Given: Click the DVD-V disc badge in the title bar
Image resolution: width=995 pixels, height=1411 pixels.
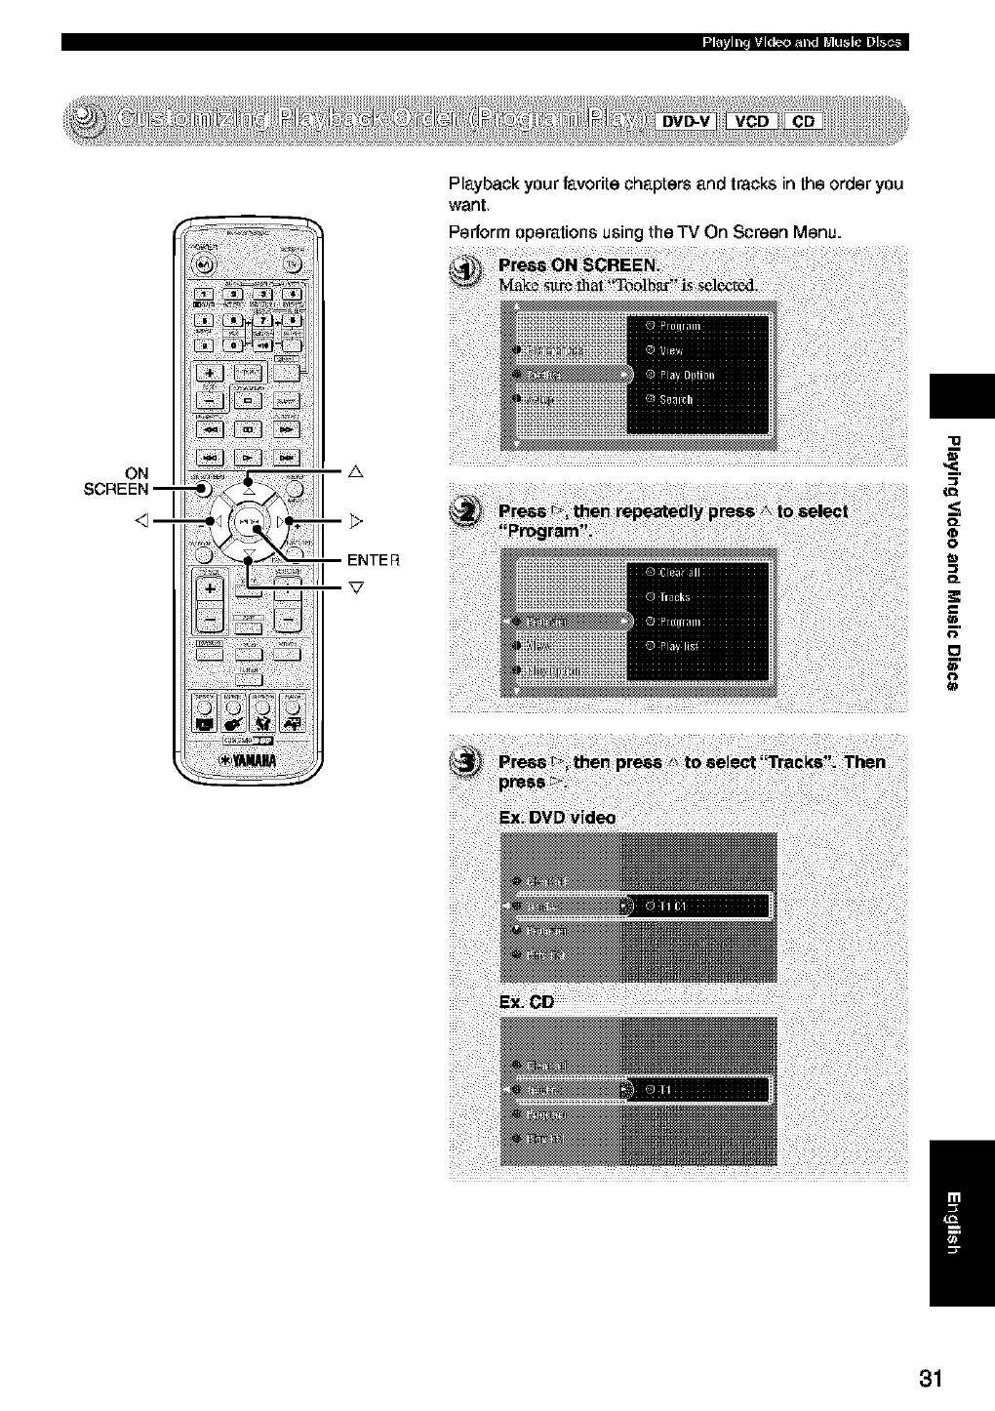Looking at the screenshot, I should click(689, 122).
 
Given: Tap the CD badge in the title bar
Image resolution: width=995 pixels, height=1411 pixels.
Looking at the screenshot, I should click(803, 122).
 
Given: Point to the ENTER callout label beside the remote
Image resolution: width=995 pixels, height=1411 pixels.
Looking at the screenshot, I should click(374, 560).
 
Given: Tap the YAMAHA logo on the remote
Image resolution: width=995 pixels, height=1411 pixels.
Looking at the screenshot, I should click(248, 760).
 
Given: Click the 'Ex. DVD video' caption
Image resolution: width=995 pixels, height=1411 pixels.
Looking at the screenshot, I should click(556, 818).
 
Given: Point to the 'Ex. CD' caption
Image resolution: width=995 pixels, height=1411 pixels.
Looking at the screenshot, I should click(526, 1002).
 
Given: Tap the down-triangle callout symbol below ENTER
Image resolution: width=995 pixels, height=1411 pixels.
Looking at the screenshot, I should click(356, 587).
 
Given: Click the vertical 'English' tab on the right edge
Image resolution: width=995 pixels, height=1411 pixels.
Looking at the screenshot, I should click(962, 1224).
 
